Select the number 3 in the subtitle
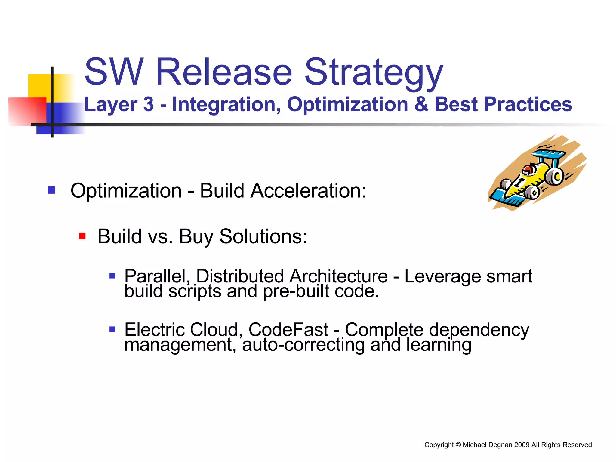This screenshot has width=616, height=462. coord(148,105)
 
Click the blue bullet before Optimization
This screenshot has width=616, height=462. coord(52,190)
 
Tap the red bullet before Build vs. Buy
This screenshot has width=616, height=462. coord(82,236)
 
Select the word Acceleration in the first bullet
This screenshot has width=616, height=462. coord(308,191)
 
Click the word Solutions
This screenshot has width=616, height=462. coord(263,236)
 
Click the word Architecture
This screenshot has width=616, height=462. coord(338,276)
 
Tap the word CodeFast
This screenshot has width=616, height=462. coord(288,330)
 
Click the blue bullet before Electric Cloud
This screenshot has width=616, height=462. coord(112,329)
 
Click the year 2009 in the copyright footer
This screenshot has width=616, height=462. coord(522,445)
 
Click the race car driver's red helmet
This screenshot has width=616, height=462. coord(527,171)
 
